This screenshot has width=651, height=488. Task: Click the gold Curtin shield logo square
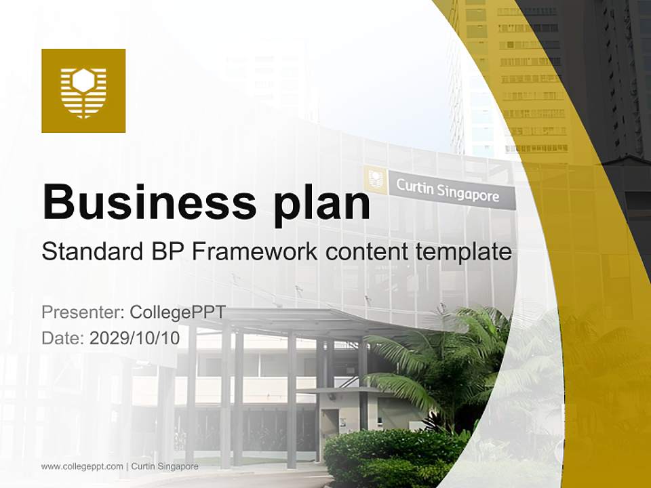coord(83,90)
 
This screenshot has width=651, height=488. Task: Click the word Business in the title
coord(149,203)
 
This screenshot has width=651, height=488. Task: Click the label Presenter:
coord(83,312)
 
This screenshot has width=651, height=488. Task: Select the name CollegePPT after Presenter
coord(178,312)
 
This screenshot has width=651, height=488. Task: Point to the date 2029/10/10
coord(134,338)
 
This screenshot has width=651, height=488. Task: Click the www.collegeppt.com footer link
coord(82,466)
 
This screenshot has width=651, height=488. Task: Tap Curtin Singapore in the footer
coord(165,466)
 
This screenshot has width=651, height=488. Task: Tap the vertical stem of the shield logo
coord(83,103)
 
